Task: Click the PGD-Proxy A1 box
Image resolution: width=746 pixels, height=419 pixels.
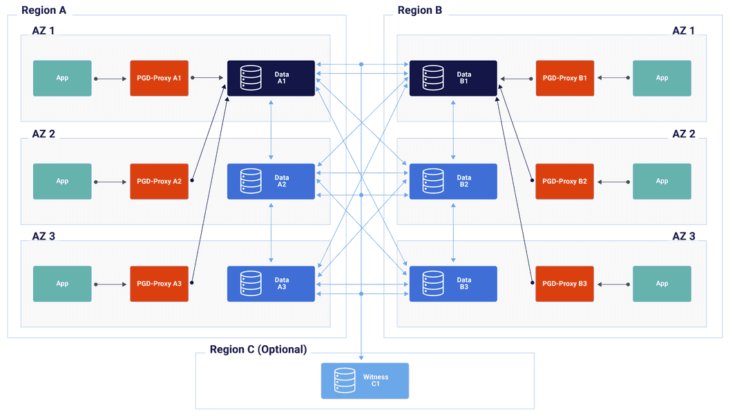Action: [159, 78]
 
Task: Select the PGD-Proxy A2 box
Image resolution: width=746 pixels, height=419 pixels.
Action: [159, 182]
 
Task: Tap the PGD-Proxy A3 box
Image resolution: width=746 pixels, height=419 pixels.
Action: [159, 284]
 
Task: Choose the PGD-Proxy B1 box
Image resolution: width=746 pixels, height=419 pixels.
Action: [564, 78]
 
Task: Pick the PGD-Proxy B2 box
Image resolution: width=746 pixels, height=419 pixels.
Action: [564, 182]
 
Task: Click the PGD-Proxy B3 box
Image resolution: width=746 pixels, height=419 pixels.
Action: [564, 284]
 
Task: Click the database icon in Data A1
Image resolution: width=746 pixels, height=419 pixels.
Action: [251, 78]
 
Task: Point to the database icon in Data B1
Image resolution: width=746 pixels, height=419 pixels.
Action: [433, 78]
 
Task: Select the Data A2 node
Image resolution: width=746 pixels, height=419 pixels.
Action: [271, 182]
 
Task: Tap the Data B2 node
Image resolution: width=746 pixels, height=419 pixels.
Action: [453, 182]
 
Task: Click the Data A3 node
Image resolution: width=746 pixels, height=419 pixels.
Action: [271, 284]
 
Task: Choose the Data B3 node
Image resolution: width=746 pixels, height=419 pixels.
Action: [453, 284]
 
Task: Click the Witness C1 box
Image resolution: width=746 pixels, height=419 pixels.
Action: [365, 381]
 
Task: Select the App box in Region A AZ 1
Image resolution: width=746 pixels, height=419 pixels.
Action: [62, 78]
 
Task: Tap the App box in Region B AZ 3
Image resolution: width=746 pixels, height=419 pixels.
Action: [662, 284]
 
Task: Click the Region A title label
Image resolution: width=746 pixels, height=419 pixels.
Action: [45, 10]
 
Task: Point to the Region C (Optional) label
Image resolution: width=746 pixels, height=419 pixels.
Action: [258, 349]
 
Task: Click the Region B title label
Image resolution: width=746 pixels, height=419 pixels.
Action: [420, 10]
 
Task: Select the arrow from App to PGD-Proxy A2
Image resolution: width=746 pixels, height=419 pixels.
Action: [111, 182]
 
